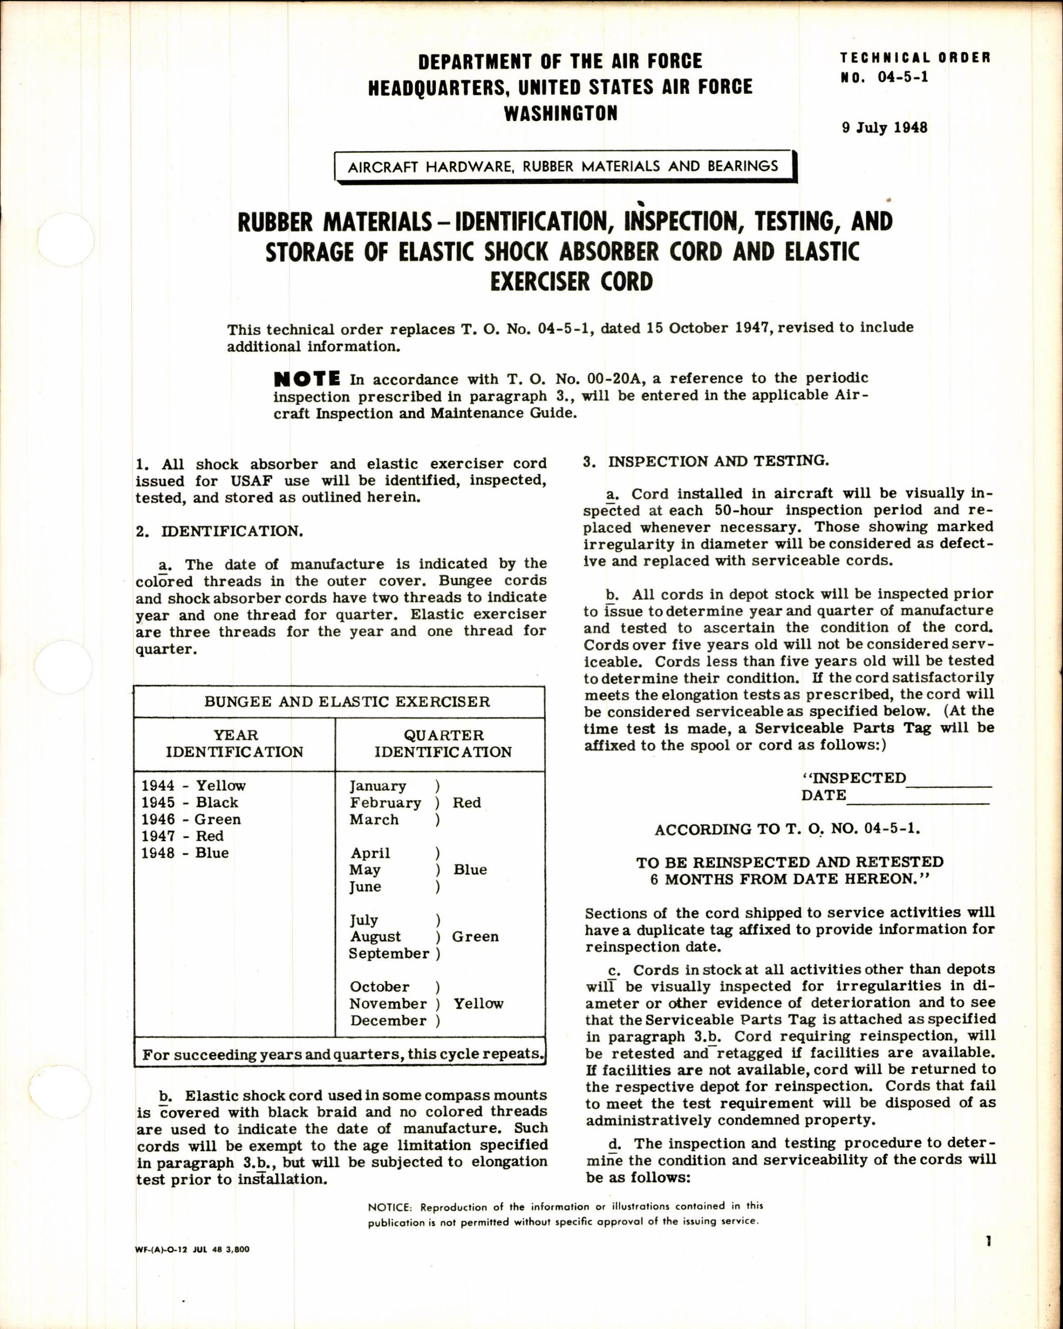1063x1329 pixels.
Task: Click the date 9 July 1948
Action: (885, 128)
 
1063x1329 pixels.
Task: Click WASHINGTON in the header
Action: (560, 113)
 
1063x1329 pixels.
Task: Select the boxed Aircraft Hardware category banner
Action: (563, 167)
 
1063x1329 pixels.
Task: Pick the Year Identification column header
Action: (235, 743)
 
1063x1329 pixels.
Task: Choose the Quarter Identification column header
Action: (443, 743)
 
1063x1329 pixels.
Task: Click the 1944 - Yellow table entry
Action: (194, 785)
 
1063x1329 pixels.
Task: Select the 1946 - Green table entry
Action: (191, 819)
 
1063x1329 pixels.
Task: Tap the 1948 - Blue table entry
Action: (185, 853)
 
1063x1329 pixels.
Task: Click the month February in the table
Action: (385, 803)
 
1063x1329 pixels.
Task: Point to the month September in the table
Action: (389, 954)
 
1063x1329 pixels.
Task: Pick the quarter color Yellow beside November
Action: (478, 1003)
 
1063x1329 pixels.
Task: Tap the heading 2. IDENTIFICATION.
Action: (219, 531)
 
